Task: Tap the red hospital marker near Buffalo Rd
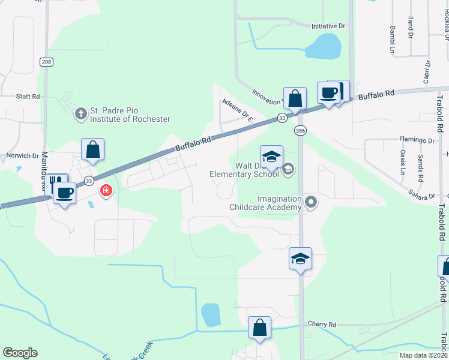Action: click(x=106, y=191)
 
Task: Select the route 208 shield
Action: click(x=46, y=62)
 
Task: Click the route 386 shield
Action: click(x=300, y=130)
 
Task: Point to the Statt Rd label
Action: click(x=28, y=96)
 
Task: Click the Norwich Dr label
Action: click(x=22, y=155)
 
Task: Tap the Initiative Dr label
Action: click(x=329, y=26)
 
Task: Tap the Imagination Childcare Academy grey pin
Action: click(x=310, y=202)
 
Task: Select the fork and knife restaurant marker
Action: click(x=57, y=184)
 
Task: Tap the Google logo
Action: click(x=20, y=353)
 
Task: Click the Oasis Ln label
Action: click(x=403, y=163)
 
